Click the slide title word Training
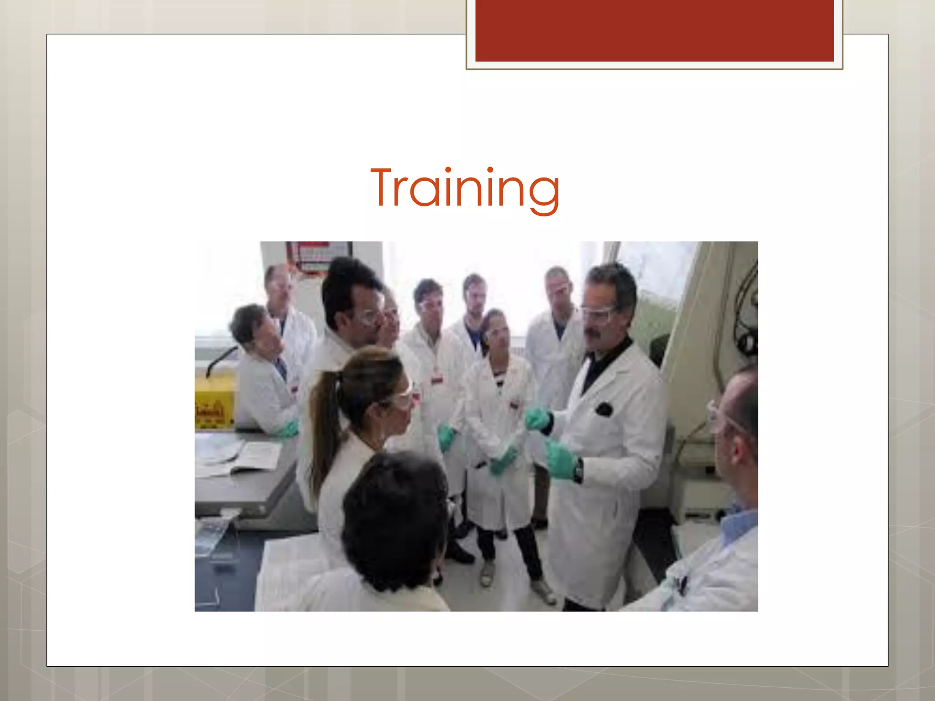(x=465, y=188)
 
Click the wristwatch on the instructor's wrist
(x=578, y=470)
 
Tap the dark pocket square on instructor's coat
(x=604, y=409)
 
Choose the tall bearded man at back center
(x=475, y=297)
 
